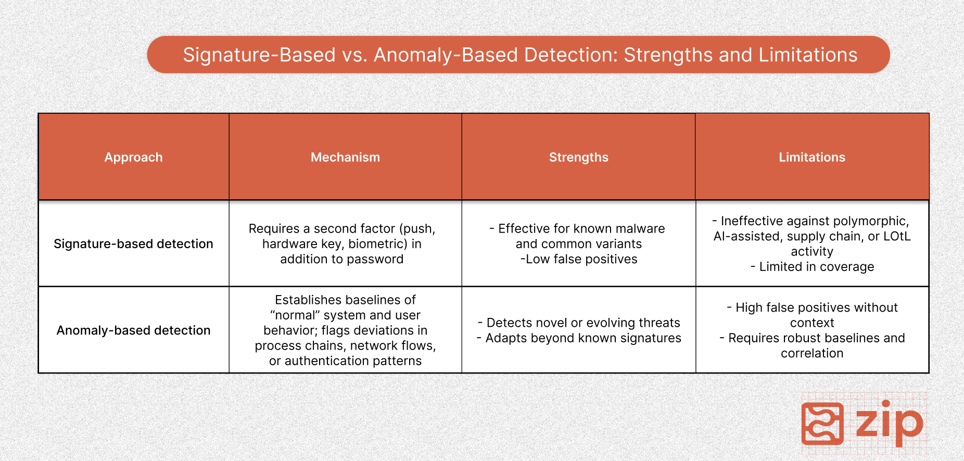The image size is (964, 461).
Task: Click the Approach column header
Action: (133, 157)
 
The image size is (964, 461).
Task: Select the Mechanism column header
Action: (345, 157)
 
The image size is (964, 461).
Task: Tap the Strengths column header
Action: (578, 157)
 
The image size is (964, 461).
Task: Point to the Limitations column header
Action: (812, 157)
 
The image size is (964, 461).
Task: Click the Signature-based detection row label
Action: (133, 244)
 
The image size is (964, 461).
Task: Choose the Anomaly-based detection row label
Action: (133, 330)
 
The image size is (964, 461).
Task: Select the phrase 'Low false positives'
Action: (581, 259)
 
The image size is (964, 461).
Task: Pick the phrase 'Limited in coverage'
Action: (817, 267)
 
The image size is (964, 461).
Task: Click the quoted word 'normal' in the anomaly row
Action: (295, 315)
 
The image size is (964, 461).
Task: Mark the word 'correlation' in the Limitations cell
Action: (812, 353)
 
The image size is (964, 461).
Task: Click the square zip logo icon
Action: (822, 424)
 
